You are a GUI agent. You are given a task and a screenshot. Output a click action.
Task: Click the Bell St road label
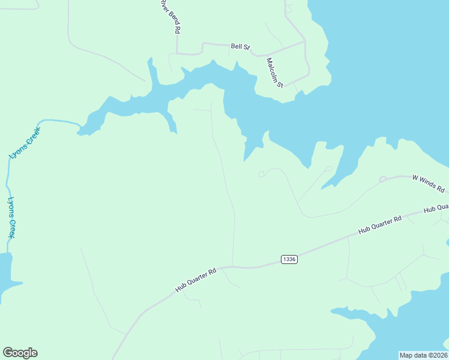[240, 46]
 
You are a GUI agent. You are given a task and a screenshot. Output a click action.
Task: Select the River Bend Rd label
[171, 17]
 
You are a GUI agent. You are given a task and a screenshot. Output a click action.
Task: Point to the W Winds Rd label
[428, 184]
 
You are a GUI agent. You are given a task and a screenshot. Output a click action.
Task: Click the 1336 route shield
[289, 259]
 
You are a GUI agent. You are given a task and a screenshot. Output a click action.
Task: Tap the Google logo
[20, 353]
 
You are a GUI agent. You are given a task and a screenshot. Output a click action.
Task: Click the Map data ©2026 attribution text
[423, 355]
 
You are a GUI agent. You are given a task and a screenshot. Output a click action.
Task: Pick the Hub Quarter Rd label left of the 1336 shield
[195, 280]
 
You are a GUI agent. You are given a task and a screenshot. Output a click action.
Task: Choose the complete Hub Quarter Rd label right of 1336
[379, 225]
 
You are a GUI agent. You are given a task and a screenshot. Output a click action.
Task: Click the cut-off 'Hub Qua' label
[436, 208]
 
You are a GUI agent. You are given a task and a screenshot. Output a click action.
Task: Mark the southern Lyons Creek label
[11, 218]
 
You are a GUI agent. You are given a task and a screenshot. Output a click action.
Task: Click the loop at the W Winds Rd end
[383, 179]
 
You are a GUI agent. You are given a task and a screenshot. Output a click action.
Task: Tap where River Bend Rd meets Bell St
[178, 53]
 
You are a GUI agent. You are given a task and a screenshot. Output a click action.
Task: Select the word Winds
[430, 184]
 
